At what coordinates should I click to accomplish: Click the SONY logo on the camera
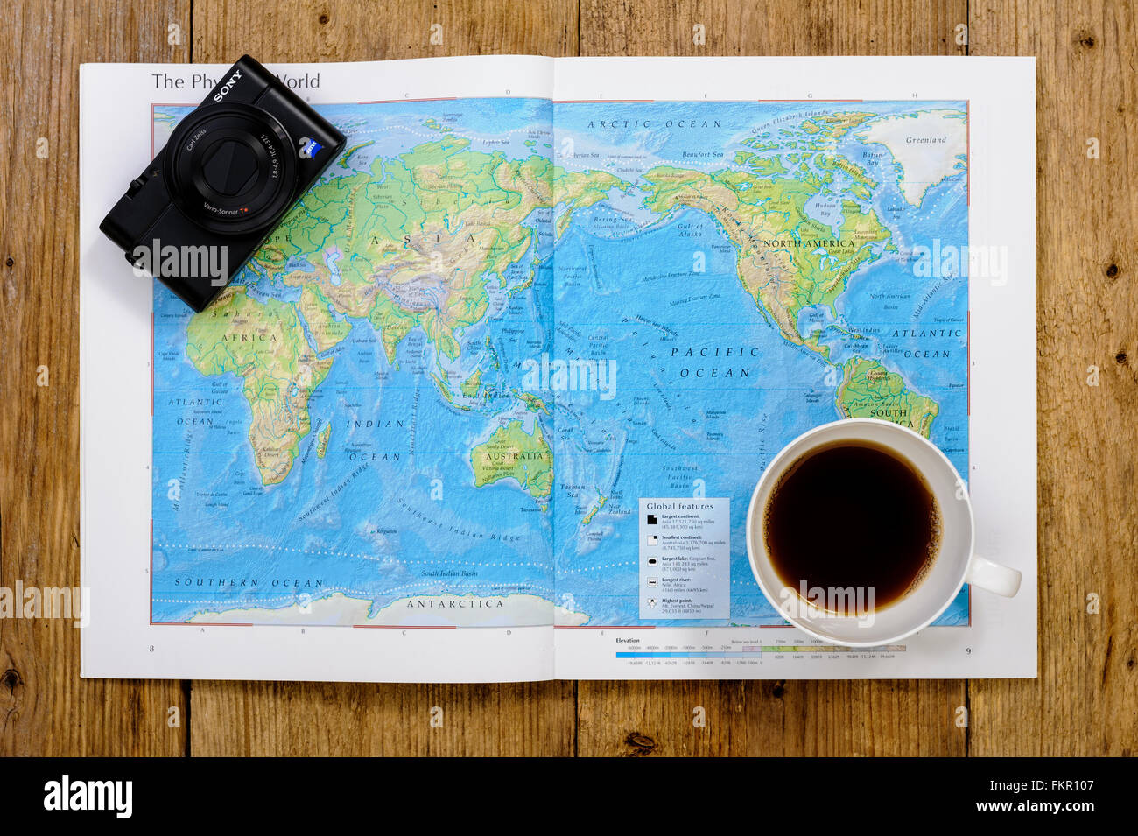(228, 86)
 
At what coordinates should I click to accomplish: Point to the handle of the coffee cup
(995, 578)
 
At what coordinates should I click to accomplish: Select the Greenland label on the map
(925, 140)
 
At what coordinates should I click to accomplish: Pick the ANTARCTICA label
(454, 603)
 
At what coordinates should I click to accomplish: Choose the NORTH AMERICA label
(808, 243)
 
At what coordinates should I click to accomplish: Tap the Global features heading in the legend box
(679, 507)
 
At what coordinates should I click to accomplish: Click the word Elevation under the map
(628, 641)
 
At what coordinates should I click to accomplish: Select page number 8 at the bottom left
(151, 649)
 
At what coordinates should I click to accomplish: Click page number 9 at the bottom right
(967, 650)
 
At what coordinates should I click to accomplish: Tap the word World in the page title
(299, 81)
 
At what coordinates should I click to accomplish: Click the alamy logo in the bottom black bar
(88, 797)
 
